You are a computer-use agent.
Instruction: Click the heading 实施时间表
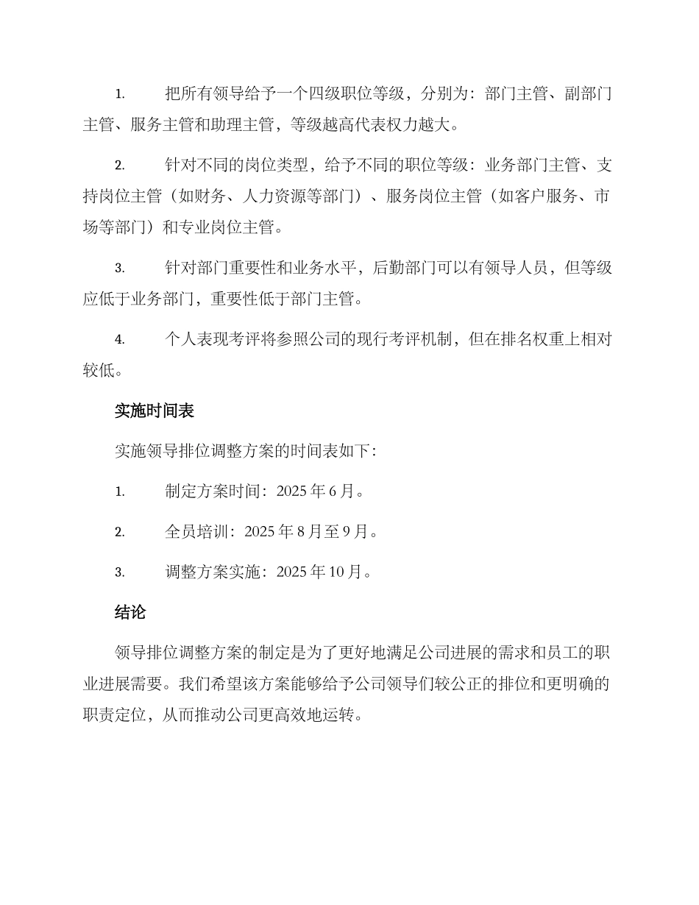point(154,411)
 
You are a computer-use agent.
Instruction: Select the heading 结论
point(130,611)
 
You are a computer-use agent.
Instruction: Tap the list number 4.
point(118,340)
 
